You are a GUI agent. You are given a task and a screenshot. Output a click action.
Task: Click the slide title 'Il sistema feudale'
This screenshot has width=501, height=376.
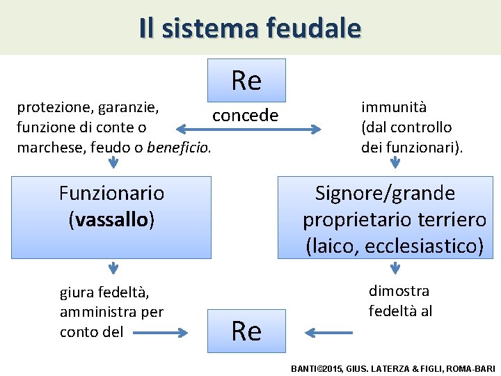click(x=250, y=28)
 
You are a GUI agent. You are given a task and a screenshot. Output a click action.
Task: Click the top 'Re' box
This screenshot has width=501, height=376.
click(x=246, y=81)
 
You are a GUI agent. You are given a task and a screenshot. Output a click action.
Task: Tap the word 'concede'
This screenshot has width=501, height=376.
click(x=245, y=115)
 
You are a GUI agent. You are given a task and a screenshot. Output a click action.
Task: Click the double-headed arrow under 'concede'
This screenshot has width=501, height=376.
click(x=248, y=129)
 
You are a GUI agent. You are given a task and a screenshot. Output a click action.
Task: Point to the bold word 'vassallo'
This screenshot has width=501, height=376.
click(x=111, y=220)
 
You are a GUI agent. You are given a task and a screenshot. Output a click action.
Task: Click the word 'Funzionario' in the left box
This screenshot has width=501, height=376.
click(x=111, y=193)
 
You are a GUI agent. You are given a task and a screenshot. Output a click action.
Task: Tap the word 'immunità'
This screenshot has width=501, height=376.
click(x=394, y=107)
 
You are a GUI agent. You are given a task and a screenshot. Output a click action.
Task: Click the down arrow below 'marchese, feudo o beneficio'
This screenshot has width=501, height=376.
click(x=113, y=163)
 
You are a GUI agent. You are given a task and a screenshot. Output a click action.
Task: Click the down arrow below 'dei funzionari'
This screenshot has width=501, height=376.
click(x=395, y=162)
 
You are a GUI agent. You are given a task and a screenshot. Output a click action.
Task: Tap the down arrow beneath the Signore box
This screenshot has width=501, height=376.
click(x=395, y=268)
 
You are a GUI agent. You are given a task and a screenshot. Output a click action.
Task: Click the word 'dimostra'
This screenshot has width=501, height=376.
click(x=399, y=291)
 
